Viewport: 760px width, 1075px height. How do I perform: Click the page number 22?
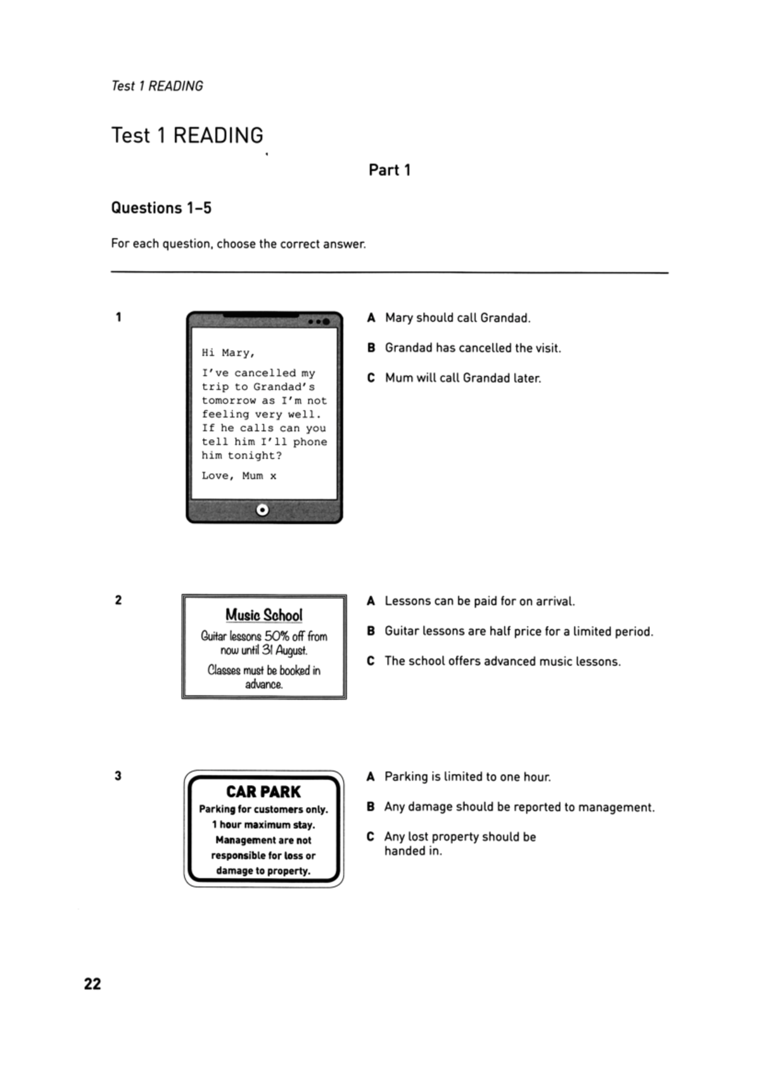tap(92, 983)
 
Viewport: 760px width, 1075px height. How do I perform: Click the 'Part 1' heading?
tap(389, 170)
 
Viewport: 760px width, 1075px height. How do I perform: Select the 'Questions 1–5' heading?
tap(161, 208)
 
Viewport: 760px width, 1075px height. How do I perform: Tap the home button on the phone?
tap(262, 510)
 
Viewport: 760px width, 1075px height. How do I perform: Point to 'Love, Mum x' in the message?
tap(239, 475)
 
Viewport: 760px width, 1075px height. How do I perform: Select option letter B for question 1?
tap(371, 348)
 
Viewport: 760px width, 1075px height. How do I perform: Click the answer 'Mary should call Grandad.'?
tap(457, 318)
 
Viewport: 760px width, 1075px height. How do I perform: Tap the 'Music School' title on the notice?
tap(263, 615)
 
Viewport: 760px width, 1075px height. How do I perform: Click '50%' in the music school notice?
tap(277, 636)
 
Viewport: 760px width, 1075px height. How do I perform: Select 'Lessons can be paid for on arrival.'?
tap(479, 601)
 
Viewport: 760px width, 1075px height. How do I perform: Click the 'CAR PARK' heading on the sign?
tap(263, 791)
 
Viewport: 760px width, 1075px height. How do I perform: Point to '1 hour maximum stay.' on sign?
tap(263, 824)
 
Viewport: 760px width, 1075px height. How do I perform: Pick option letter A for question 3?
tap(370, 776)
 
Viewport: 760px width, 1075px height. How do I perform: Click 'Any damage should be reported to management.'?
tap(519, 807)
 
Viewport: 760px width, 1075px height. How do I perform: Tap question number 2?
tap(118, 600)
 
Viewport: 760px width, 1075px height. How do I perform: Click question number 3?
tap(118, 776)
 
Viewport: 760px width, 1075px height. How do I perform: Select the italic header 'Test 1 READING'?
tap(157, 86)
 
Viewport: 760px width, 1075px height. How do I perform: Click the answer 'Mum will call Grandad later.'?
tap(462, 378)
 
